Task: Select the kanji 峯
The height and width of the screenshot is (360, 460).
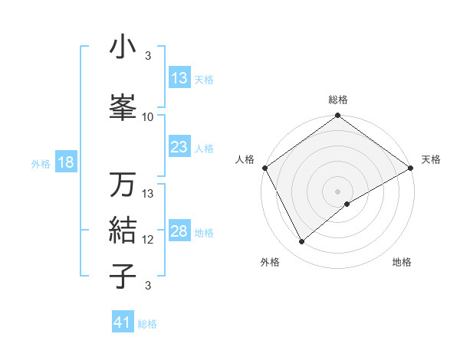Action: pos(123,108)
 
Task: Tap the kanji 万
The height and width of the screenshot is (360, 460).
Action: pos(123,185)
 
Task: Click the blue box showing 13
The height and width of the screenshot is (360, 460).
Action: pos(179,78)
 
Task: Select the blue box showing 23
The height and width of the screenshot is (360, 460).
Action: pos(179,147)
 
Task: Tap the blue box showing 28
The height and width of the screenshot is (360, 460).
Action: pos(179,231)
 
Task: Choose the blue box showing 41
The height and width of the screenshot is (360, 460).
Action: pos(123,322)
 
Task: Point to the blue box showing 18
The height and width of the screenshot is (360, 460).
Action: pos(65,162)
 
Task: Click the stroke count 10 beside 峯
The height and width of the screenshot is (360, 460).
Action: pos(148,116)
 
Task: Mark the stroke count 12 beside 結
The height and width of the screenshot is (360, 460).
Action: pos(148,239)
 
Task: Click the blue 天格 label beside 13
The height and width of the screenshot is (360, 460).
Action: pos(203,79)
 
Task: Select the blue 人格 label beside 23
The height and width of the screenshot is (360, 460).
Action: pos(203,148)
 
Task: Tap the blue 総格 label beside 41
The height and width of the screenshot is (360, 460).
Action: pos(147,323)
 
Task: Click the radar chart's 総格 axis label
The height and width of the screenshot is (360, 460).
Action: pos(337,100)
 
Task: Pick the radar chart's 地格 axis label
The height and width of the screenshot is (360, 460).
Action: pos(402,262)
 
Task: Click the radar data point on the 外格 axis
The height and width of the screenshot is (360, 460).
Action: pos(301,241)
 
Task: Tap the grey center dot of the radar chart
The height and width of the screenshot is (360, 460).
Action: pos(337,191)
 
